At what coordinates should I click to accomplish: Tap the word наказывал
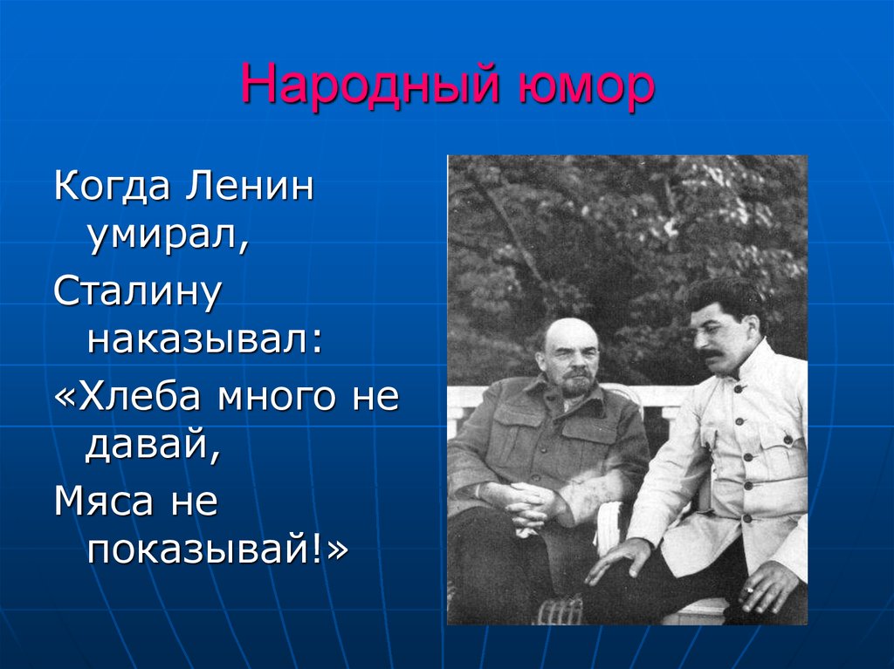tap(203, 341)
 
